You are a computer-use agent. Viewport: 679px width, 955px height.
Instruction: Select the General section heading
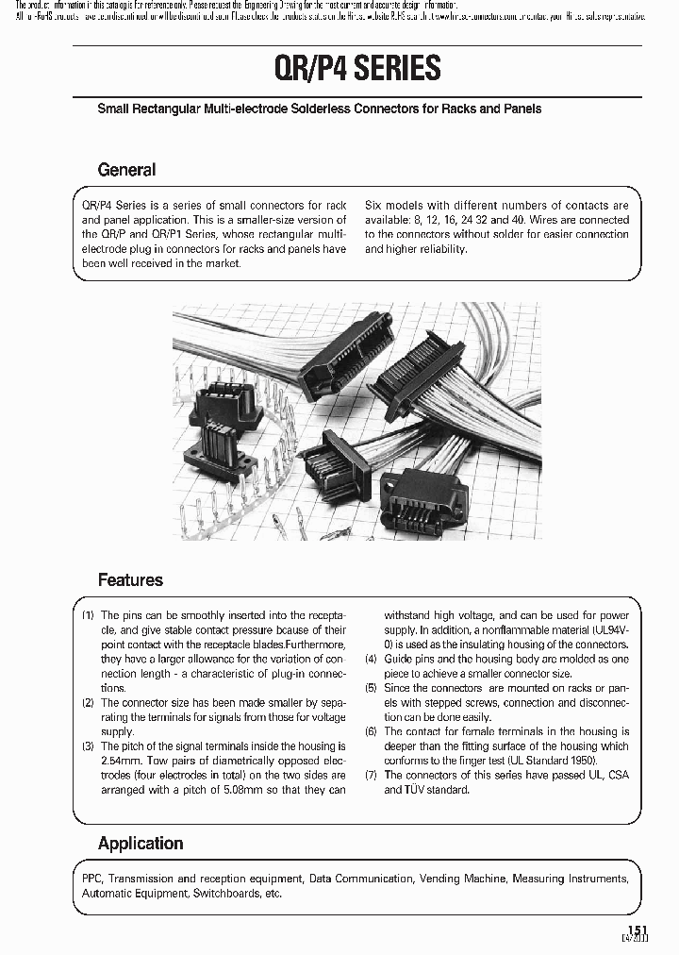(126, 170)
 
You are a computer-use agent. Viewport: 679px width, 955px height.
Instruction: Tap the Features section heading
(130, 580)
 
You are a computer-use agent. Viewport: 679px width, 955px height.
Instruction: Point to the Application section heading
(141, 844)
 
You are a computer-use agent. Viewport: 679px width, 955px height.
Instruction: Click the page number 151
(638, 930)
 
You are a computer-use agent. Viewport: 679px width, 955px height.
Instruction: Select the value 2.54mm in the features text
(120, 761)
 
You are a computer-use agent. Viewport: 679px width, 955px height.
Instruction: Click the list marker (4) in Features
(371, 659)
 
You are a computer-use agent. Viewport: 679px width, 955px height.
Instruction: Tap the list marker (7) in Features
(371, 775)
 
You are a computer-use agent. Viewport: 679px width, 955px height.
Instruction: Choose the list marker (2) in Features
(88, 703)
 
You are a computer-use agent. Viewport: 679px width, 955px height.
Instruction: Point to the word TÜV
(419, 790)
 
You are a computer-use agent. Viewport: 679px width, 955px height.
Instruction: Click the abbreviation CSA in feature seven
(618, 775)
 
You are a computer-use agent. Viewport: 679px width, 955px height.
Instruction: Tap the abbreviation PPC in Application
(91, 879)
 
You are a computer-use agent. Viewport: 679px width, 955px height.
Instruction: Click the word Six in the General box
(373, 206)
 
